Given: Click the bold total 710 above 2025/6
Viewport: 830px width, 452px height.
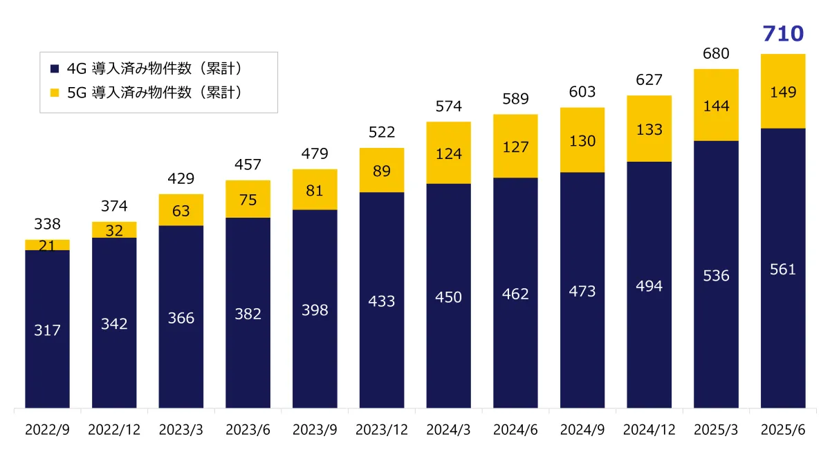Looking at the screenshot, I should [x=783, y=34].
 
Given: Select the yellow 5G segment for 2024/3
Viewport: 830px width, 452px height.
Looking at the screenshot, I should [x=448, y=153].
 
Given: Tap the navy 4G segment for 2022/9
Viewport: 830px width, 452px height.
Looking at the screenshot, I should [x=47, y=328].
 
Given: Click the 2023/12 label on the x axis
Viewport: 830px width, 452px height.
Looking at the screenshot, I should [x=381, y=430].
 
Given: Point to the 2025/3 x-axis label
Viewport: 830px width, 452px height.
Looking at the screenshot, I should [x=716, y=430].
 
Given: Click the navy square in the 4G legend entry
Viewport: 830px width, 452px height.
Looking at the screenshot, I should [x=55, y=68].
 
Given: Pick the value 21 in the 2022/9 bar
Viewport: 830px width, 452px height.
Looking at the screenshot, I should [x=47, y=245].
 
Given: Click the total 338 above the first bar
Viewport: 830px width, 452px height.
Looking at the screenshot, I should [x=47, y=224].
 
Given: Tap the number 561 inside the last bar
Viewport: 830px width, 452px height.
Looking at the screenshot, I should [x=783, y=270].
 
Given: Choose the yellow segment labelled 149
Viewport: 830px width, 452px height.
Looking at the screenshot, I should [x=783, y=91].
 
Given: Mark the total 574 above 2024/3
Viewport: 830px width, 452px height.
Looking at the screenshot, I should [x=448, y=106].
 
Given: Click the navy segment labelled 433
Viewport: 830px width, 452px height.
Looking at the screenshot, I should [x=381, y=301].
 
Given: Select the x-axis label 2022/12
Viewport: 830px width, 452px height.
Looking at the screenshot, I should [x=114, y=430].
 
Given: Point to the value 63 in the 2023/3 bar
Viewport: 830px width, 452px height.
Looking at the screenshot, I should [x=181, y=210].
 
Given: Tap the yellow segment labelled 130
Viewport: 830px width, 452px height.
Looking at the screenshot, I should [x=582, y=140].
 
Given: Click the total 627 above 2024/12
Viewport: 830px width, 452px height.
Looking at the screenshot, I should [x=649, y=80].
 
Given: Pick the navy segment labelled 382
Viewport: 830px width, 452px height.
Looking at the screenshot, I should [x=248, y=314].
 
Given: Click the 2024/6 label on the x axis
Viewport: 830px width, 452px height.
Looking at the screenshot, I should [x=515, y=430].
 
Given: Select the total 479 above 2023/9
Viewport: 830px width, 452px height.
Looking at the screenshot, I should [x=315, y=153].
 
